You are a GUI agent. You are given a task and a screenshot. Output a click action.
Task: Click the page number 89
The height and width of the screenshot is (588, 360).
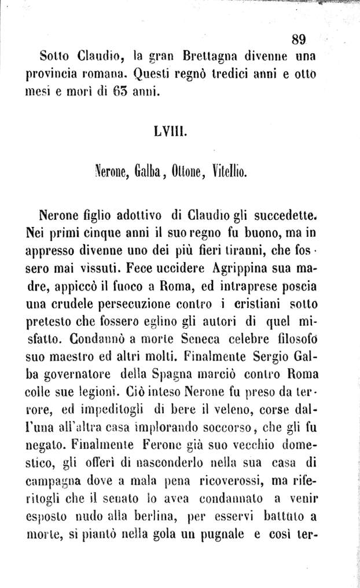tap(298, 39)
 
